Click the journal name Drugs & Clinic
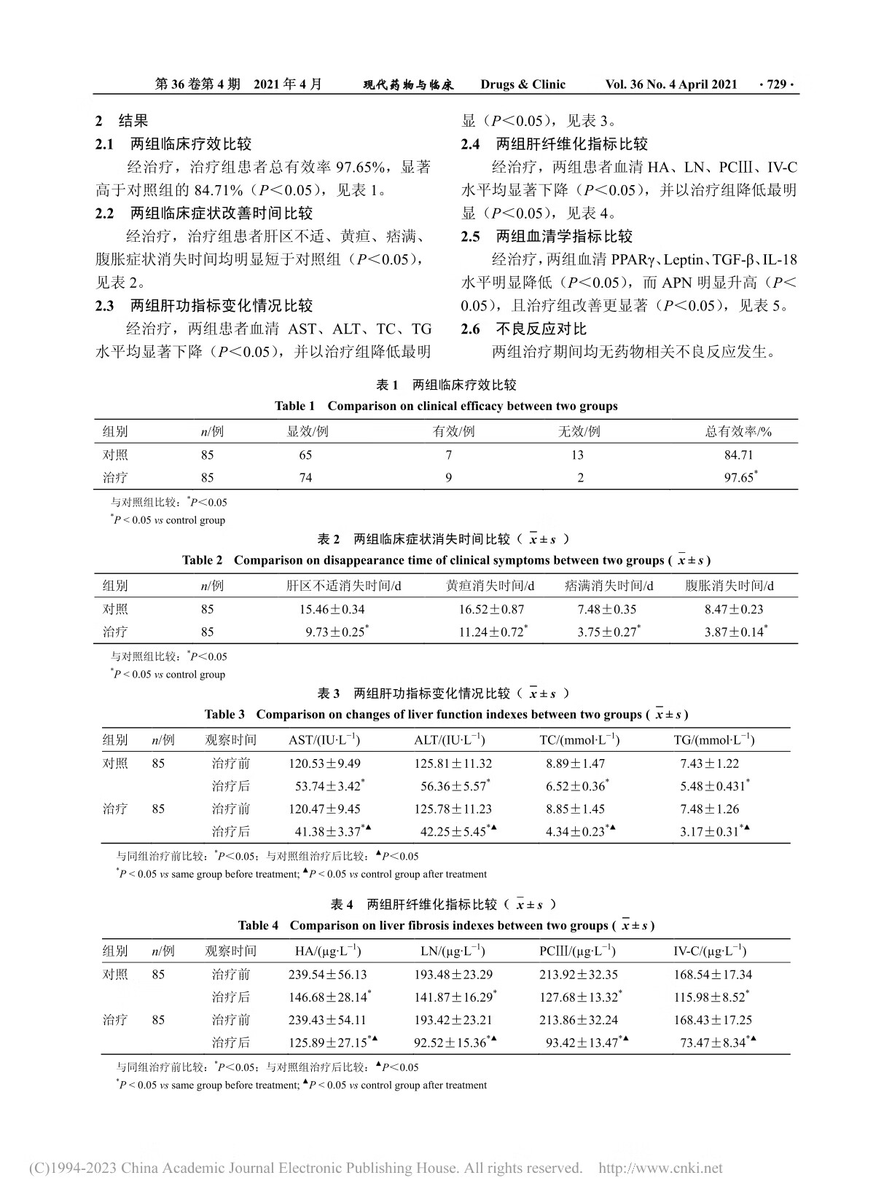coord(523,85)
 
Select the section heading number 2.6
coord(470,329)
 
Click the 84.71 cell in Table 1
coord(738,455)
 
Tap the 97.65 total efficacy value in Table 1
coord(738,478)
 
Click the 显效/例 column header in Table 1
coord(308,432)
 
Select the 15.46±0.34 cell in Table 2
coord(332,610)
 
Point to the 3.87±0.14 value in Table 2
coord(734,632)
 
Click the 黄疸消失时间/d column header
coord(490,586)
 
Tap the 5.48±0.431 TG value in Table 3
coord(713,787)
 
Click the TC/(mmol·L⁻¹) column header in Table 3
coord(579,741)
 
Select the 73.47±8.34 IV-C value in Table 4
coord(713,1043)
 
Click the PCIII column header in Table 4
coord(577,951)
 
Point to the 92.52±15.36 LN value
coord(450,1043)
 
